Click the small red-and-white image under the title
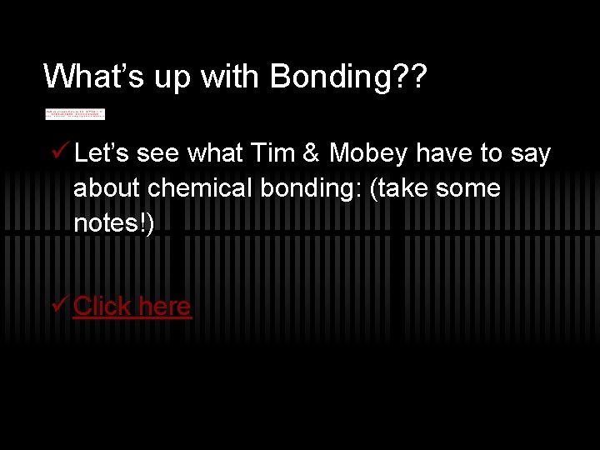click(x=75, y=113)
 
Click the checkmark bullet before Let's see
click(x=59, y=152)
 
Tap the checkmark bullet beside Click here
click(x=59, y=305)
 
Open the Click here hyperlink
click(x=132, y=306)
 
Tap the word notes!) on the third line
click(x=113, y=223)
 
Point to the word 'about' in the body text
click(x=107, y=188)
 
